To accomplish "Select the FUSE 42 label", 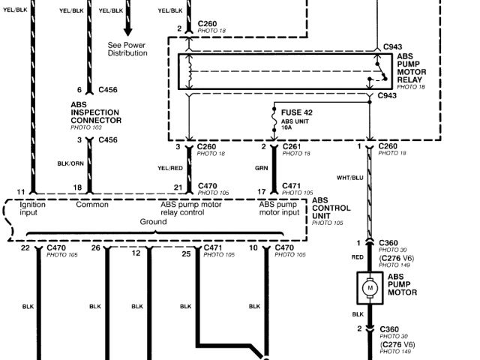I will click(x=297, y=112).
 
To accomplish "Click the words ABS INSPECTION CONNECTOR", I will click(x=96, y=113).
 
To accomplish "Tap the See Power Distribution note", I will click(x=127, y=49).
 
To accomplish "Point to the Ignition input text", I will click(x=33, y=208).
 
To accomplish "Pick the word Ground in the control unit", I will click(x=154, y=222).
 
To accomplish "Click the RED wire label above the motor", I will click(x=357, y=256).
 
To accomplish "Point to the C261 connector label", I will click(x=292, y=146).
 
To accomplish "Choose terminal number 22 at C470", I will click(x=25, y=247).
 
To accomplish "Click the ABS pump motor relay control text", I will click(x=190, y=208).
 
